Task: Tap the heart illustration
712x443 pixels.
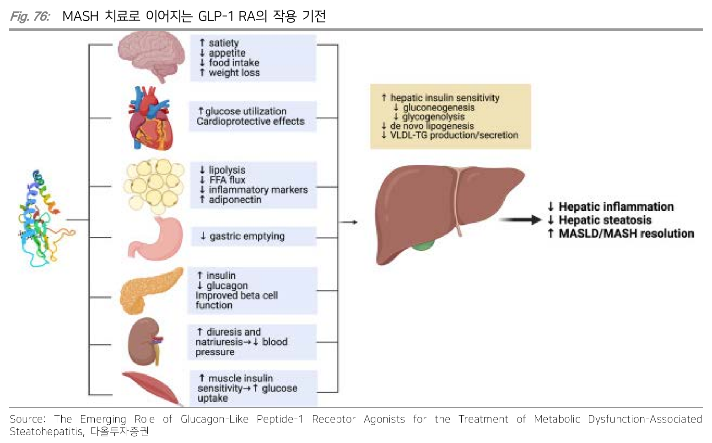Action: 150,120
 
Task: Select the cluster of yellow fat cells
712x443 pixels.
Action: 154,185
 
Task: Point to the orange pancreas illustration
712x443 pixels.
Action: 150,290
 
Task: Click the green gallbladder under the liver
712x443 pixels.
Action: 423,247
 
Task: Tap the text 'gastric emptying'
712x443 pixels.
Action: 247,236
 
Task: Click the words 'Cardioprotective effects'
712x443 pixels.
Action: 250,121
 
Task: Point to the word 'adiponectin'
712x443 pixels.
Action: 235,200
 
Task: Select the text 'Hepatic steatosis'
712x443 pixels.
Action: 605,220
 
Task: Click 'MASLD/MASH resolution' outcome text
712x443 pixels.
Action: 626,234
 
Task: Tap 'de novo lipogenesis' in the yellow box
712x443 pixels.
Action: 432,126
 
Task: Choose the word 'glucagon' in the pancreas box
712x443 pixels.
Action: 227,286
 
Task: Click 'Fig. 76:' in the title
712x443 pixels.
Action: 30,16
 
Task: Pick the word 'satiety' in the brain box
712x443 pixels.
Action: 224,43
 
